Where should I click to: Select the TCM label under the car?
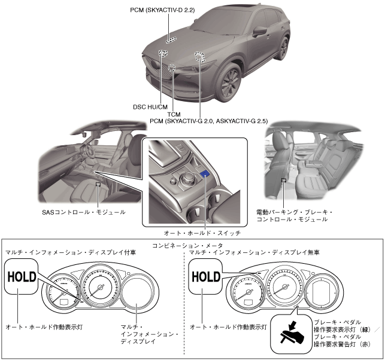174,114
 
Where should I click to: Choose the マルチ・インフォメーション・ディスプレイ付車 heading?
51,254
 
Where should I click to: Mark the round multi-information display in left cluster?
138,294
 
